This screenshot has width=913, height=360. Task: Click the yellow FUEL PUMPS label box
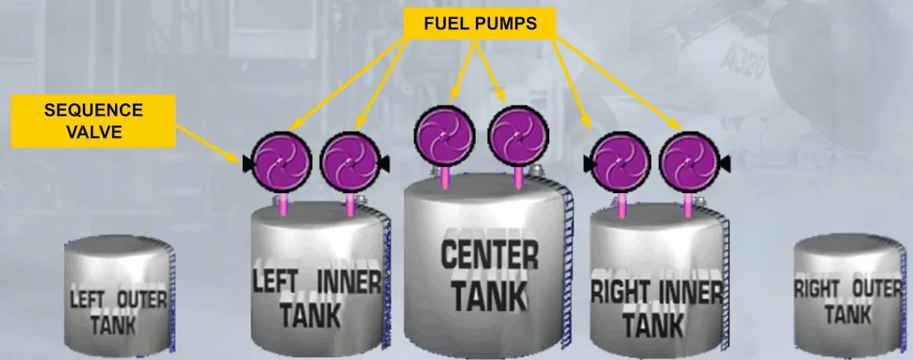click(479, 24)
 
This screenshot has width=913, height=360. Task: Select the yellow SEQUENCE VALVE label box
click(93, 121)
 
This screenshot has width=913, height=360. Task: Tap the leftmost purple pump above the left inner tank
click(282, 162)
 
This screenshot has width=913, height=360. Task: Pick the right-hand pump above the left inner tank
click(350, 162)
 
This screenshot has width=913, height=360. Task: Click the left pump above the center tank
click(444, 135)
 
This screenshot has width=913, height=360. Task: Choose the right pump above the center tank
click(518, 135)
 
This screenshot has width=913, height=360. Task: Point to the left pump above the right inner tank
click(621, 162)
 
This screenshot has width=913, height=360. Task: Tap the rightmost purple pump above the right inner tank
click(688, 162)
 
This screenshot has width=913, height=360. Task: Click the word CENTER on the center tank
click(489, 255)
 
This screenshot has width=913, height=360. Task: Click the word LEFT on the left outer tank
click(87, 300)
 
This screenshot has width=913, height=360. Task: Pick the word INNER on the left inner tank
click(349, 282)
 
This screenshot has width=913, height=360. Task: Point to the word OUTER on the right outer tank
click(876, 288)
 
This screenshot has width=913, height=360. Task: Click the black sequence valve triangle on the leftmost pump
click(248, 165)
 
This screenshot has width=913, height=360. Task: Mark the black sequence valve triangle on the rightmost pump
click(724, 164)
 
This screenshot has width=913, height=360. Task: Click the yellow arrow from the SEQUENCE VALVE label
click(208, 144)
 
